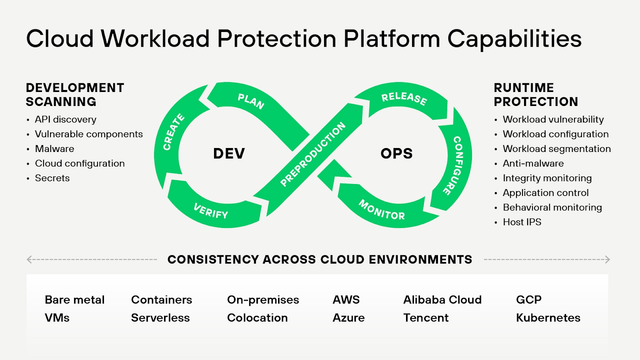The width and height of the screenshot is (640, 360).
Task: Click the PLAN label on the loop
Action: point(251,101)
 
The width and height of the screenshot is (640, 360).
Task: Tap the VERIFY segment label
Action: point(211,211)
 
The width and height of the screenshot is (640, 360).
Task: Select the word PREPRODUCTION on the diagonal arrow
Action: point(313,154)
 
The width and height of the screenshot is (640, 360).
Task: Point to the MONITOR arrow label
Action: point(382,210)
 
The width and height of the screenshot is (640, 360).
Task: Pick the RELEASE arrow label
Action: point(404,98)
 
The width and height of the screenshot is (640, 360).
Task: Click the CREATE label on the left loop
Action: point(174,132)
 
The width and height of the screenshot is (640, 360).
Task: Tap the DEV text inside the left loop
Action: point(229,154)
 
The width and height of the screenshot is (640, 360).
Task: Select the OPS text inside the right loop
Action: point(396,154)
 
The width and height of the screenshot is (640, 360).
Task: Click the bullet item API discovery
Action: point(66,119)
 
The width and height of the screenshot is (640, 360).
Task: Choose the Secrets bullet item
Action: point(52,178)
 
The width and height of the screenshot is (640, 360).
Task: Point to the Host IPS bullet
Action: point(522,222)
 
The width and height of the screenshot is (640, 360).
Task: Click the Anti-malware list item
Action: point(533,163)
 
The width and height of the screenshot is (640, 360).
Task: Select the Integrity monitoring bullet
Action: point(547,178)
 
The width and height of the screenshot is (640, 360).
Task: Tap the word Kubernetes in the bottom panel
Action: point(548,318)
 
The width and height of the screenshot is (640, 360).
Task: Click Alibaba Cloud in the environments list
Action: point(442,300)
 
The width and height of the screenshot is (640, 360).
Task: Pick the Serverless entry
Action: point(160,318)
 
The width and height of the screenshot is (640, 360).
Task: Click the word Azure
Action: point(348,318)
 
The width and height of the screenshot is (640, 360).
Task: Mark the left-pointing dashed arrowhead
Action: point(29,260)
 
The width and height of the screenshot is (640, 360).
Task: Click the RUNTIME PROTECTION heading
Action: point(536,95)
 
